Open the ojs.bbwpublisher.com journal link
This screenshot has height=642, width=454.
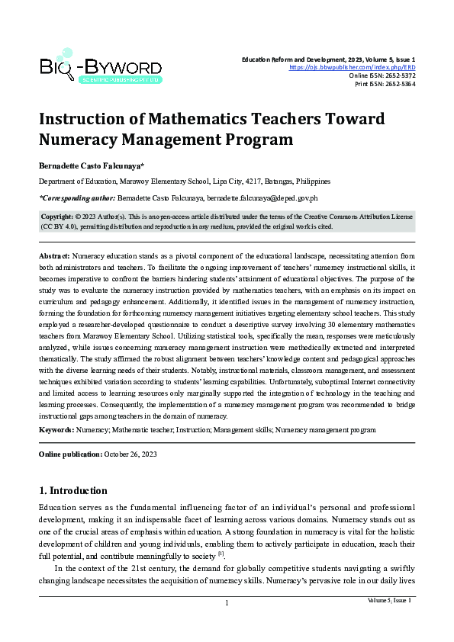(352, 67)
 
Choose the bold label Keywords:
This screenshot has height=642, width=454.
(56, 430)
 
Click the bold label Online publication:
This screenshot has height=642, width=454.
(70, 454)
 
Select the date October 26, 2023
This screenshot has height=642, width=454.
(130, 454)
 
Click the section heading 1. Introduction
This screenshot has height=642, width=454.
(72, 490)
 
